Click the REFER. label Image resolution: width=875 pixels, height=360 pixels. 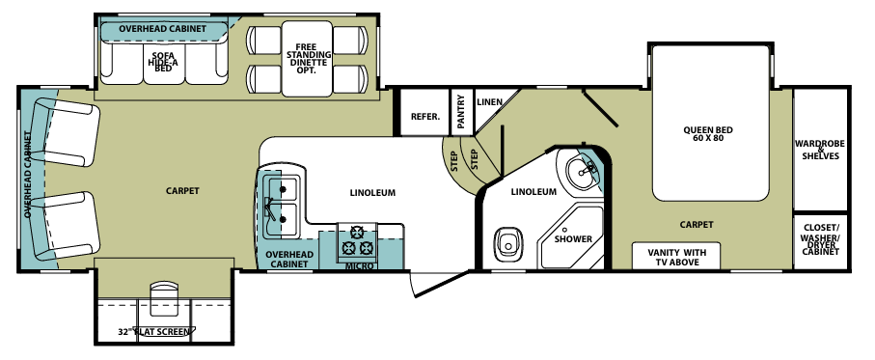[x=425, y=117]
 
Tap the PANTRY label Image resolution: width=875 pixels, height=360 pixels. [x=461, y=111]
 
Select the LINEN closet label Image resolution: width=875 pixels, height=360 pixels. [x=490, y=102]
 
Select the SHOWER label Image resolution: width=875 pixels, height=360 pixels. [x=573, y=238]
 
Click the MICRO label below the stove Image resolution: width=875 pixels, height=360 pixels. [x=360, y=265]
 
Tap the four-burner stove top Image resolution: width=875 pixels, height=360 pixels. [x=361, y=240]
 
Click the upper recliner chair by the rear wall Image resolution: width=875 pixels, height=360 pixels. [x=68, y=134]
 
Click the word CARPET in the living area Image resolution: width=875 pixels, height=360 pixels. [x=181, y=191]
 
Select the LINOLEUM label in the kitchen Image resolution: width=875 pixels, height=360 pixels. [x=372, y=193]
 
